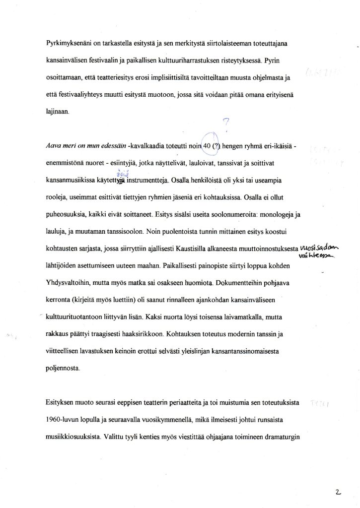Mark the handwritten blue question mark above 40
[x=226, y=123]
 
